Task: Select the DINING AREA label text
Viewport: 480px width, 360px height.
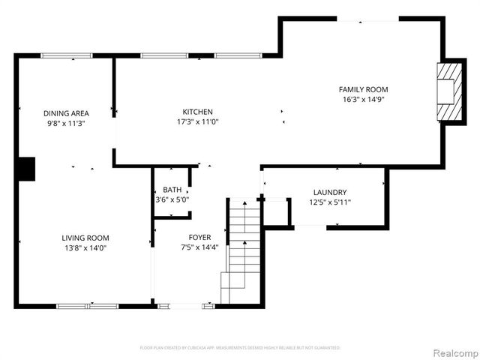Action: [x=66, y=113]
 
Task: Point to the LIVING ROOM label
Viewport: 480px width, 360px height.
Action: [x=85, y=238]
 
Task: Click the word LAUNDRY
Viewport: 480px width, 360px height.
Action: [x=329, y=192]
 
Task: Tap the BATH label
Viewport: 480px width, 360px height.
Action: [x=172, y=190]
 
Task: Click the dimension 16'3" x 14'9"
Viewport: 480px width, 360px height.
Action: [x=365, y=99]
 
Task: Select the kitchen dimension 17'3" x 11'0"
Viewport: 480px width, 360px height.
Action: [x=198, y=121]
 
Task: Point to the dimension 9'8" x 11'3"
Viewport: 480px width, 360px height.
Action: [x=66, y=123]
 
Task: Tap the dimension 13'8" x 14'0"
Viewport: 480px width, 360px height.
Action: [x=85, y=247]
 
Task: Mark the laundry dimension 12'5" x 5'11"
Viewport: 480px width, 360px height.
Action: [x=329, y=202]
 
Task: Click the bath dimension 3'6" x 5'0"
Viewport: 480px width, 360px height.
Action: [x=172, y=199]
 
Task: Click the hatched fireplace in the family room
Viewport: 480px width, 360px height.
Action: [x=447, y=90]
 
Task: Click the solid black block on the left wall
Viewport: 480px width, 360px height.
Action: [x=26, y=169]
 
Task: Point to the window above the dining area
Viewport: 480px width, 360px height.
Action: [x=66, y=55]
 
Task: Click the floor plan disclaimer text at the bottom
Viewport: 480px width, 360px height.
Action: [x=240, y=348]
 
